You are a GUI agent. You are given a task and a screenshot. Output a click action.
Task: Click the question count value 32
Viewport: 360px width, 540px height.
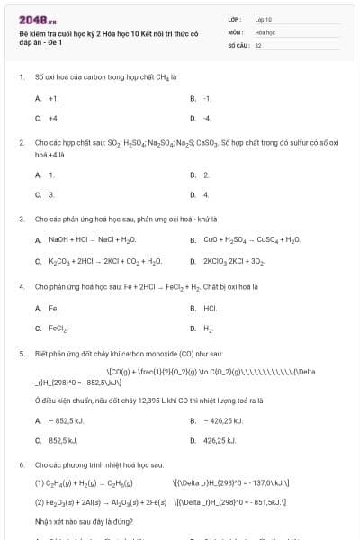point(258,43)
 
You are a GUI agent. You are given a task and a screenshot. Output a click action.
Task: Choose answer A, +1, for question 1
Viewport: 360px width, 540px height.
point(53,98)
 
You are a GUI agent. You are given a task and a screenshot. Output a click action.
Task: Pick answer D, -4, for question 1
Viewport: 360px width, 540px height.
point(207,118)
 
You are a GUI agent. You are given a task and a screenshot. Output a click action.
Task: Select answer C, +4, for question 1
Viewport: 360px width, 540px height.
point(53,118)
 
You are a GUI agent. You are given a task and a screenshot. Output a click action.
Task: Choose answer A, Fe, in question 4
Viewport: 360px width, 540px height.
point(53,308)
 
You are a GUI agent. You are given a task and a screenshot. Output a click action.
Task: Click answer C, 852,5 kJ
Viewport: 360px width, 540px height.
point(63,440)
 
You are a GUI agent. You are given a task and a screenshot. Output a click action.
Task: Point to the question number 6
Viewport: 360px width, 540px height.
point(20,463)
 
